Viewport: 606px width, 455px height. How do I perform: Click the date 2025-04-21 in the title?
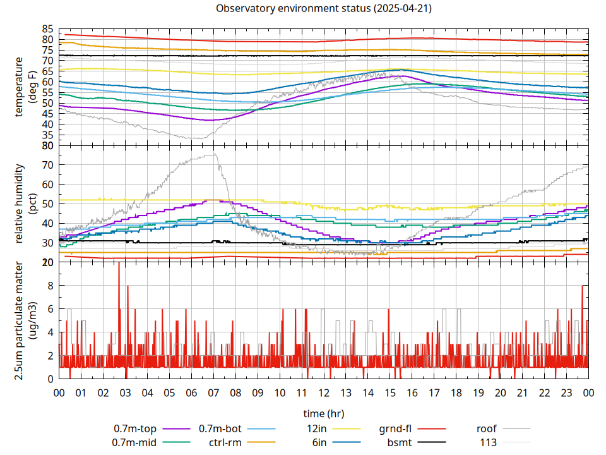tap(401, 9)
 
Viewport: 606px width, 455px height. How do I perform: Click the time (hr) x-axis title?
tap(323, 413)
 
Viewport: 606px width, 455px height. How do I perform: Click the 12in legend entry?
tap(316, 428)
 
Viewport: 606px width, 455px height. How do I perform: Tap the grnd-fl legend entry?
tap(395, 428)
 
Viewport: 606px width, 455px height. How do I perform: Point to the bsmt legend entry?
tap(400, 442)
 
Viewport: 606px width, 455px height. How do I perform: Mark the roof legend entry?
tap(487, 428)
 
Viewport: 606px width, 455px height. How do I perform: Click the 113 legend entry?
tap(489, 442)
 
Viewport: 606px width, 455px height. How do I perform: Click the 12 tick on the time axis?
tap(324, 392)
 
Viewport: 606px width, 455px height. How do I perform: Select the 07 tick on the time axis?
tap(213, 392)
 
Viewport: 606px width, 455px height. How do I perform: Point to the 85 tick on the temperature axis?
tap(48, 29)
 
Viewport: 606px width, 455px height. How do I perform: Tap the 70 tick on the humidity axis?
tap(48, 165)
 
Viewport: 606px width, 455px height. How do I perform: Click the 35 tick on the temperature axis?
tap(48, 135)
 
